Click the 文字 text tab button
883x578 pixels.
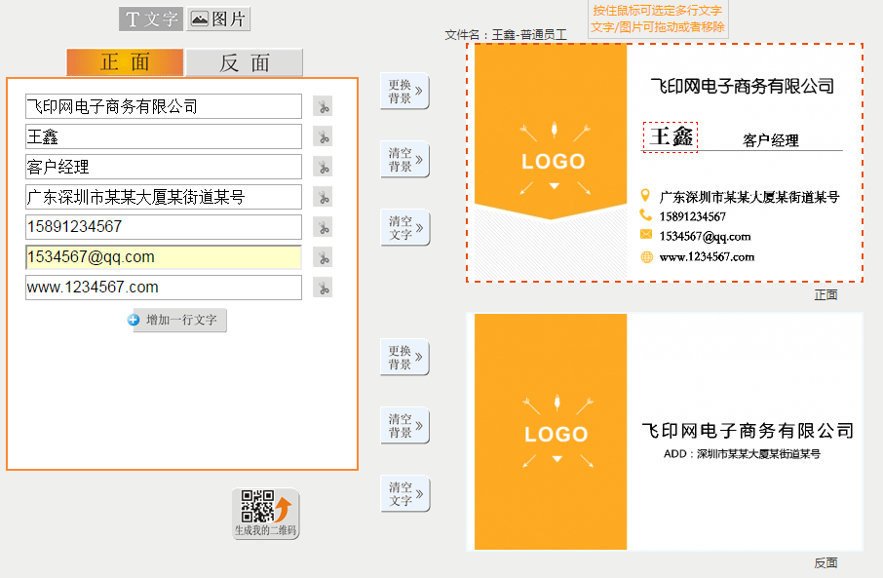click(151, 19)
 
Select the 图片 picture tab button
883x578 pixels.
click(218, 19)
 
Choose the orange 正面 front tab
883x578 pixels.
click(125, 62)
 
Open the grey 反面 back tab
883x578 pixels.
click(244, 62)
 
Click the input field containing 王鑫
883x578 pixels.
click(164, 136)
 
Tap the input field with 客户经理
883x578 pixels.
click(164, 167)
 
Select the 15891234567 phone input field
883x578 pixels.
click(164, 227)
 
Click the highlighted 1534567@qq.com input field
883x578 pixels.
click(164, 257)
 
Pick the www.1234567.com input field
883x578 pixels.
click(164, 288)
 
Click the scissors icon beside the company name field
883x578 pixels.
click(323, 106)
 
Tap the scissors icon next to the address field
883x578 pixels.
click(323, 197)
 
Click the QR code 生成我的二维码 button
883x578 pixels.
click(266, 514)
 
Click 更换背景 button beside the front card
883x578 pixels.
click(404, 92)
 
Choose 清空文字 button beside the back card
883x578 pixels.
click(404, 494)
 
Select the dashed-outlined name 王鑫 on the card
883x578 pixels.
click(671, 136)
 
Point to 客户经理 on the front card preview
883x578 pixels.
click(770, 140)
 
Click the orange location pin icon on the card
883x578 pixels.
click(645, 196)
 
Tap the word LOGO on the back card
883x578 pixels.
click(557, 435)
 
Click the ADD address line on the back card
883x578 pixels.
click(742, 453)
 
